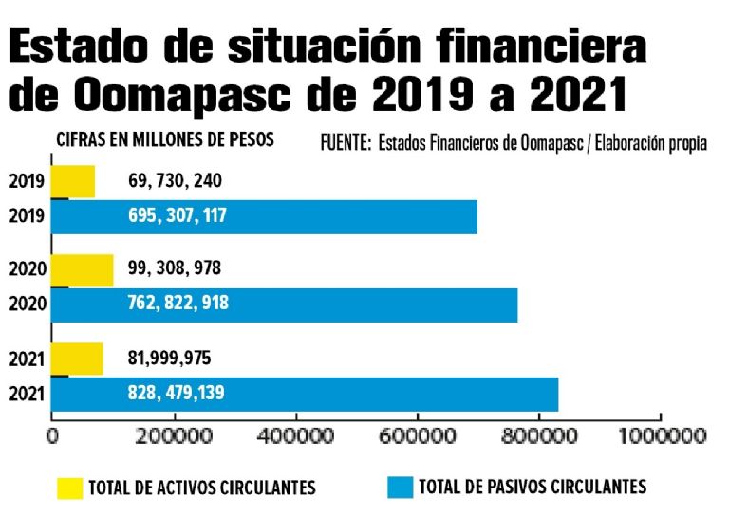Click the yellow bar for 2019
(x=73, y=181)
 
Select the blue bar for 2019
(x=263, y=216)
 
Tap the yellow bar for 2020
(x=82, y=269)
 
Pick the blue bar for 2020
(x=284, y=304)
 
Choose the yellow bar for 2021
(x=77, y=359)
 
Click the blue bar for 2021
(x=304, y=393)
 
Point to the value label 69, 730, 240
(x=176, y=181)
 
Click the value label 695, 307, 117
(x=178, y=216)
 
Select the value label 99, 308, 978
(x=175, y=269)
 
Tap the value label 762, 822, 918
(x=178, y=304)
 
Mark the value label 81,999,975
(x=170, y=359)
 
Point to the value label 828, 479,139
(x=177, y=393)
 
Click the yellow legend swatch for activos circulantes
(x=69, y=488)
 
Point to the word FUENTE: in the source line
(x=346, y=145)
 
